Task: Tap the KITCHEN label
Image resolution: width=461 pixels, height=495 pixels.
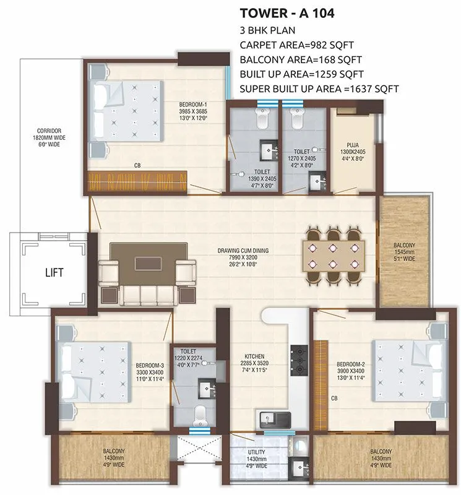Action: [x=254, y=356]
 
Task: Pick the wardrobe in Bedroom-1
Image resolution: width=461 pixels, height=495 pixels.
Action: [x=137, y=182]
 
